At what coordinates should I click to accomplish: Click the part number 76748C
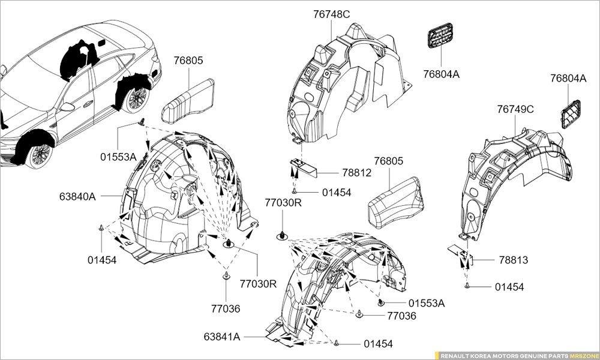point(331,14)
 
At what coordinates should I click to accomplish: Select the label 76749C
point(515,109)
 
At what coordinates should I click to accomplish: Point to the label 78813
point(513,260)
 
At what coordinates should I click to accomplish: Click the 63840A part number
point(78,196)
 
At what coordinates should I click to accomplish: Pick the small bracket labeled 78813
point(464,256)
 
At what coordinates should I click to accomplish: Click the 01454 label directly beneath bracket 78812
point(336,193)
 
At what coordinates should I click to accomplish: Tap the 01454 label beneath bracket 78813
point(509,287)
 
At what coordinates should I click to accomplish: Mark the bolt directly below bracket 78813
point(466,287)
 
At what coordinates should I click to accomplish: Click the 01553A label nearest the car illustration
point(118,157)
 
